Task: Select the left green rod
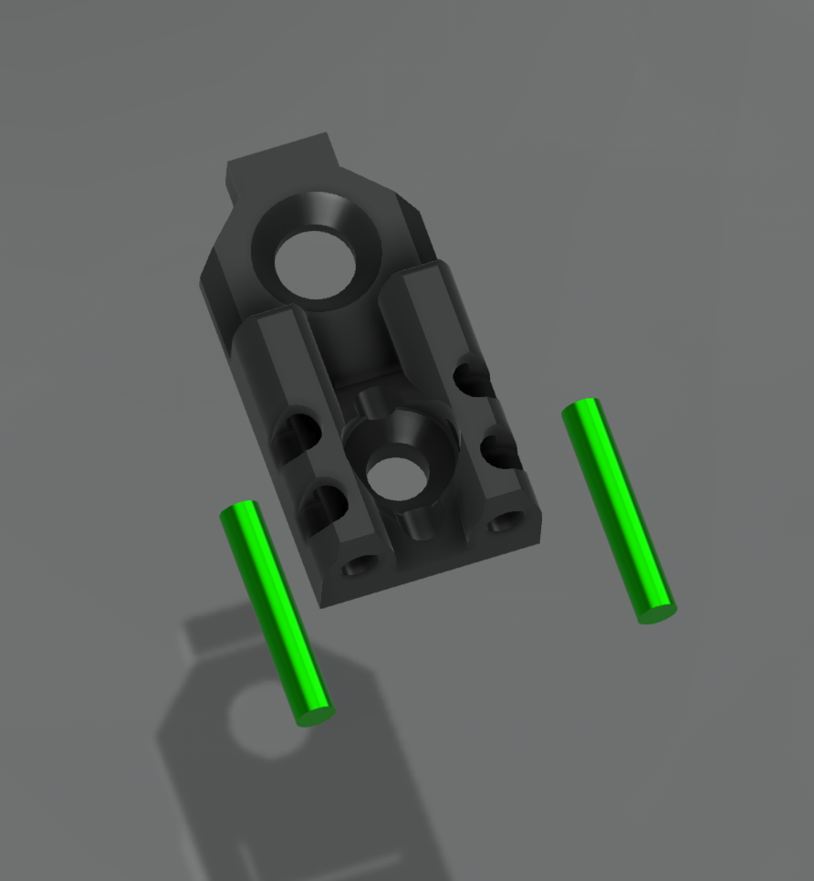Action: (x=276, y=613)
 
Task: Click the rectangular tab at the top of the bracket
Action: (x=281, y=156)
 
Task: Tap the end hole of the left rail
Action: (x=358, y=568)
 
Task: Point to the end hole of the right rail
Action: (x=503, y=524)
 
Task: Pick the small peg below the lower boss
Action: (x=422, y=524)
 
